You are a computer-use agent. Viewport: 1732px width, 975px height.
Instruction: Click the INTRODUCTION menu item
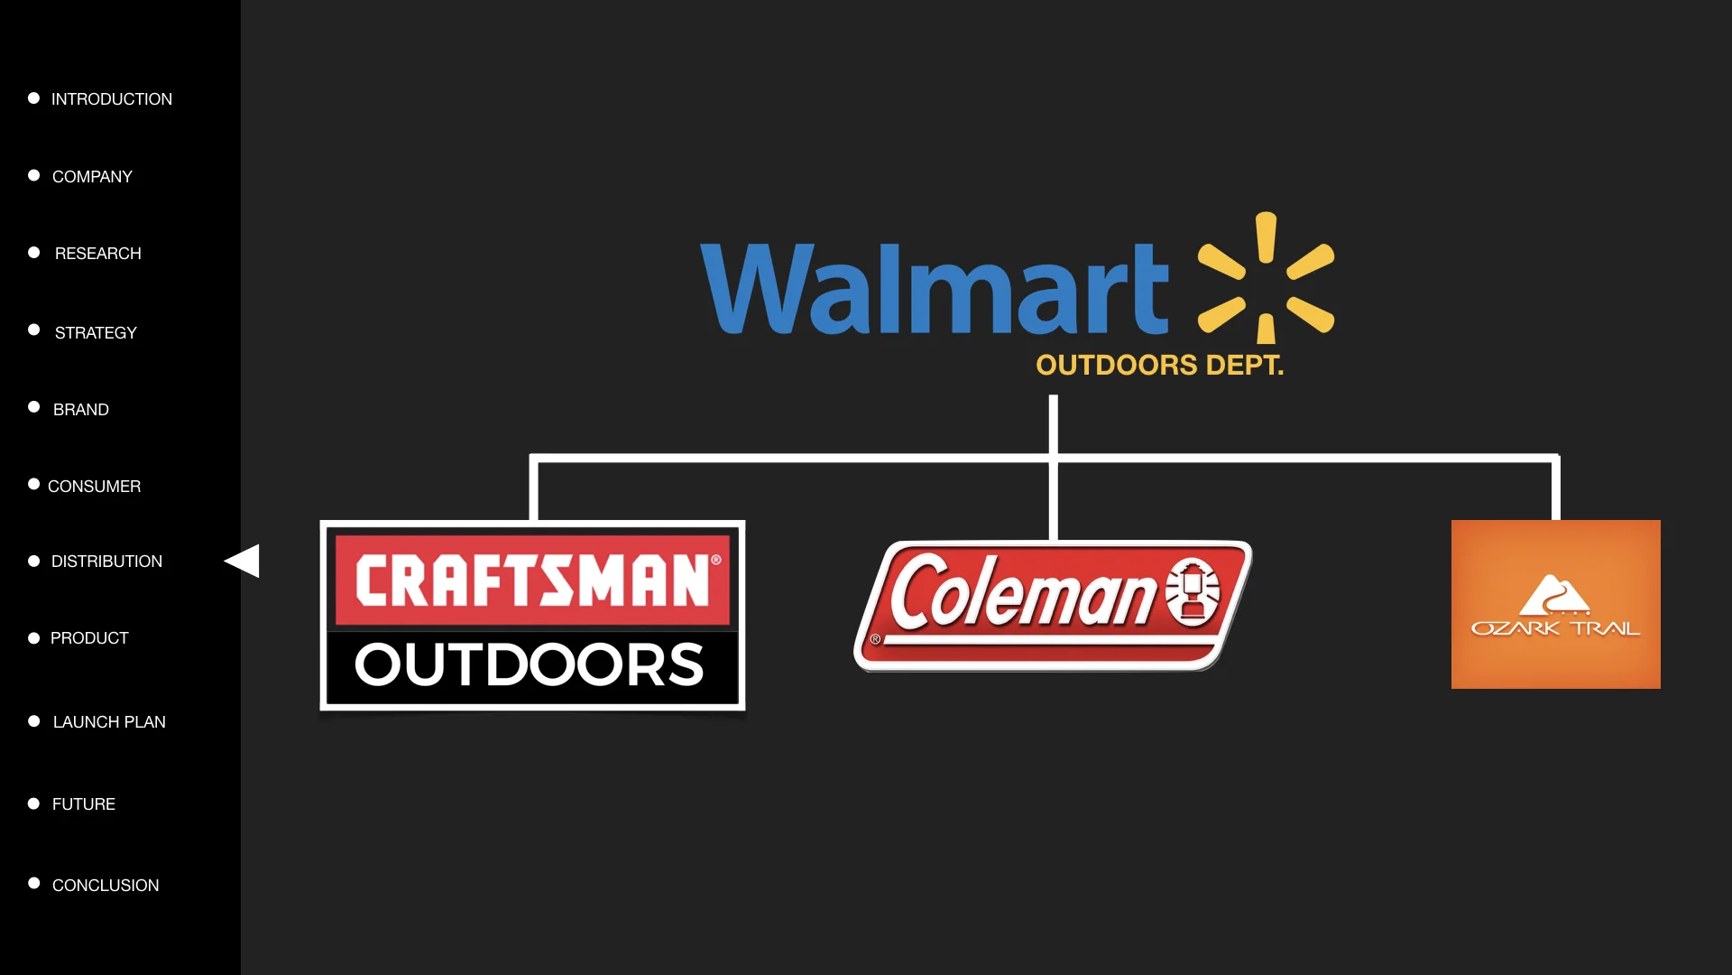pyautogui.click(x=111, y=99)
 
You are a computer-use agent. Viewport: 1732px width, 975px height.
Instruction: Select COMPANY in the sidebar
pyautogui.click(x=92, y=177)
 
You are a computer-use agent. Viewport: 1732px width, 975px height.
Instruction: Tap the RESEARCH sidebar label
pyautogui.click(x=97, y=254)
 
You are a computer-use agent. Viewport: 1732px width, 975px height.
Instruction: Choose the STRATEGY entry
pyautogui.click(x=96, y=333)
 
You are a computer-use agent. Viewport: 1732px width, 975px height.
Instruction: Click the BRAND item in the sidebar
pyautogui.click(x=80, y=410)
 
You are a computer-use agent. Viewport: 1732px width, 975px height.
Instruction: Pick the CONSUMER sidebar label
pyautogui.click(x=94, y=487)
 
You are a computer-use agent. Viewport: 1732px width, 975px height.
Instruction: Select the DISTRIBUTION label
pyautogui.click(x=106, y=562)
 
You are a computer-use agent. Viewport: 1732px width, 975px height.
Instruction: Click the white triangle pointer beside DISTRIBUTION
pyautogui.click(x=244, y=561)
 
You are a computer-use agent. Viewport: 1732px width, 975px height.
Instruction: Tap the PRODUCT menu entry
pyautogui.click(x=89, y=638)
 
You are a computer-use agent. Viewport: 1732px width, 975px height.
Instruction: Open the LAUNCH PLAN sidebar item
pyautogui.click(x=109, y=722)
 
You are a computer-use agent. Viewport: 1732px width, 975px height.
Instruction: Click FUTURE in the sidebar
pyautogui.click(x=83, y=804)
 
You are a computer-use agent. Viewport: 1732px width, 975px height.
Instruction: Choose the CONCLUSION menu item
pyautogui.click(x=106, y=886)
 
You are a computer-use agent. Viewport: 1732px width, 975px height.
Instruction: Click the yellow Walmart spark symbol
pyautogui.click(x=1266, y=277)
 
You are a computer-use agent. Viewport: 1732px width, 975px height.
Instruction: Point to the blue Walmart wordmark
pyautogui.click(x=934, y=289)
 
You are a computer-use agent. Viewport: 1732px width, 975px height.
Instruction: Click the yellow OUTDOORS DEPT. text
pyautogui.click(x=1159, y=365)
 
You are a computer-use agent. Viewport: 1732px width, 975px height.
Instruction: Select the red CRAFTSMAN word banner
pyautogui.click(x=532, y=580)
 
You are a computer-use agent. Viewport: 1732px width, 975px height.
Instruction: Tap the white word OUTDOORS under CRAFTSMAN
pyautogui.click(x=530, y=664)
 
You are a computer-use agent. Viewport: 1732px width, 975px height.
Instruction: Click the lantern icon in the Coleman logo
pyautogui.click(x=1193, y=592)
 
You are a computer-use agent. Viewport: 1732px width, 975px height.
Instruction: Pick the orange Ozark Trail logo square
pyautogui.click(x=1555, y=604)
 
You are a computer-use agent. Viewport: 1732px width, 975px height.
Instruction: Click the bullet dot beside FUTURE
pyautogui.click(x=33, y=803)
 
